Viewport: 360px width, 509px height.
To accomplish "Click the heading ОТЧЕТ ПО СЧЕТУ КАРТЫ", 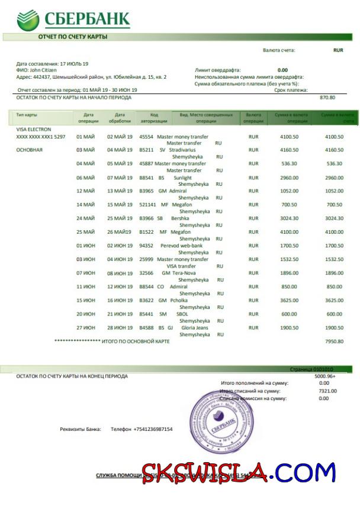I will coord(73,37).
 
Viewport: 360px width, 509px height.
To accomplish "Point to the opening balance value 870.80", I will coord(327,97).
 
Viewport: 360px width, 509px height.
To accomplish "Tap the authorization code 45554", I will coord(146,136).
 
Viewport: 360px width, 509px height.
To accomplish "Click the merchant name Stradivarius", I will coord(182,150).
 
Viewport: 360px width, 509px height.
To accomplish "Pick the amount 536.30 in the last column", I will coord(335,163).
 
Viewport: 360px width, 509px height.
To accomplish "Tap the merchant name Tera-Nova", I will coord(184,273).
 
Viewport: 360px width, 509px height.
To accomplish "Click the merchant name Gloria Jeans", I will coord(195,327).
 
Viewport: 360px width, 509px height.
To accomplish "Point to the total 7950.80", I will coord(334,342).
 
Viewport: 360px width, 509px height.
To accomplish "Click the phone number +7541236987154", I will coord(153,429).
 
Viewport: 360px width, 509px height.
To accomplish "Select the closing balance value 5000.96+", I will coord(325,376).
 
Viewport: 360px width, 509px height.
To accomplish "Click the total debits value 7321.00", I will coord(324,391).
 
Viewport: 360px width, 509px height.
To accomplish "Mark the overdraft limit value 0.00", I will coord(282,70).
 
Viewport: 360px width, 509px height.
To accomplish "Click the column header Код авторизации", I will coord(154,117).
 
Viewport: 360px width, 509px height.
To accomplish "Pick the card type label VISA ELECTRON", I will coord(34,129).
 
